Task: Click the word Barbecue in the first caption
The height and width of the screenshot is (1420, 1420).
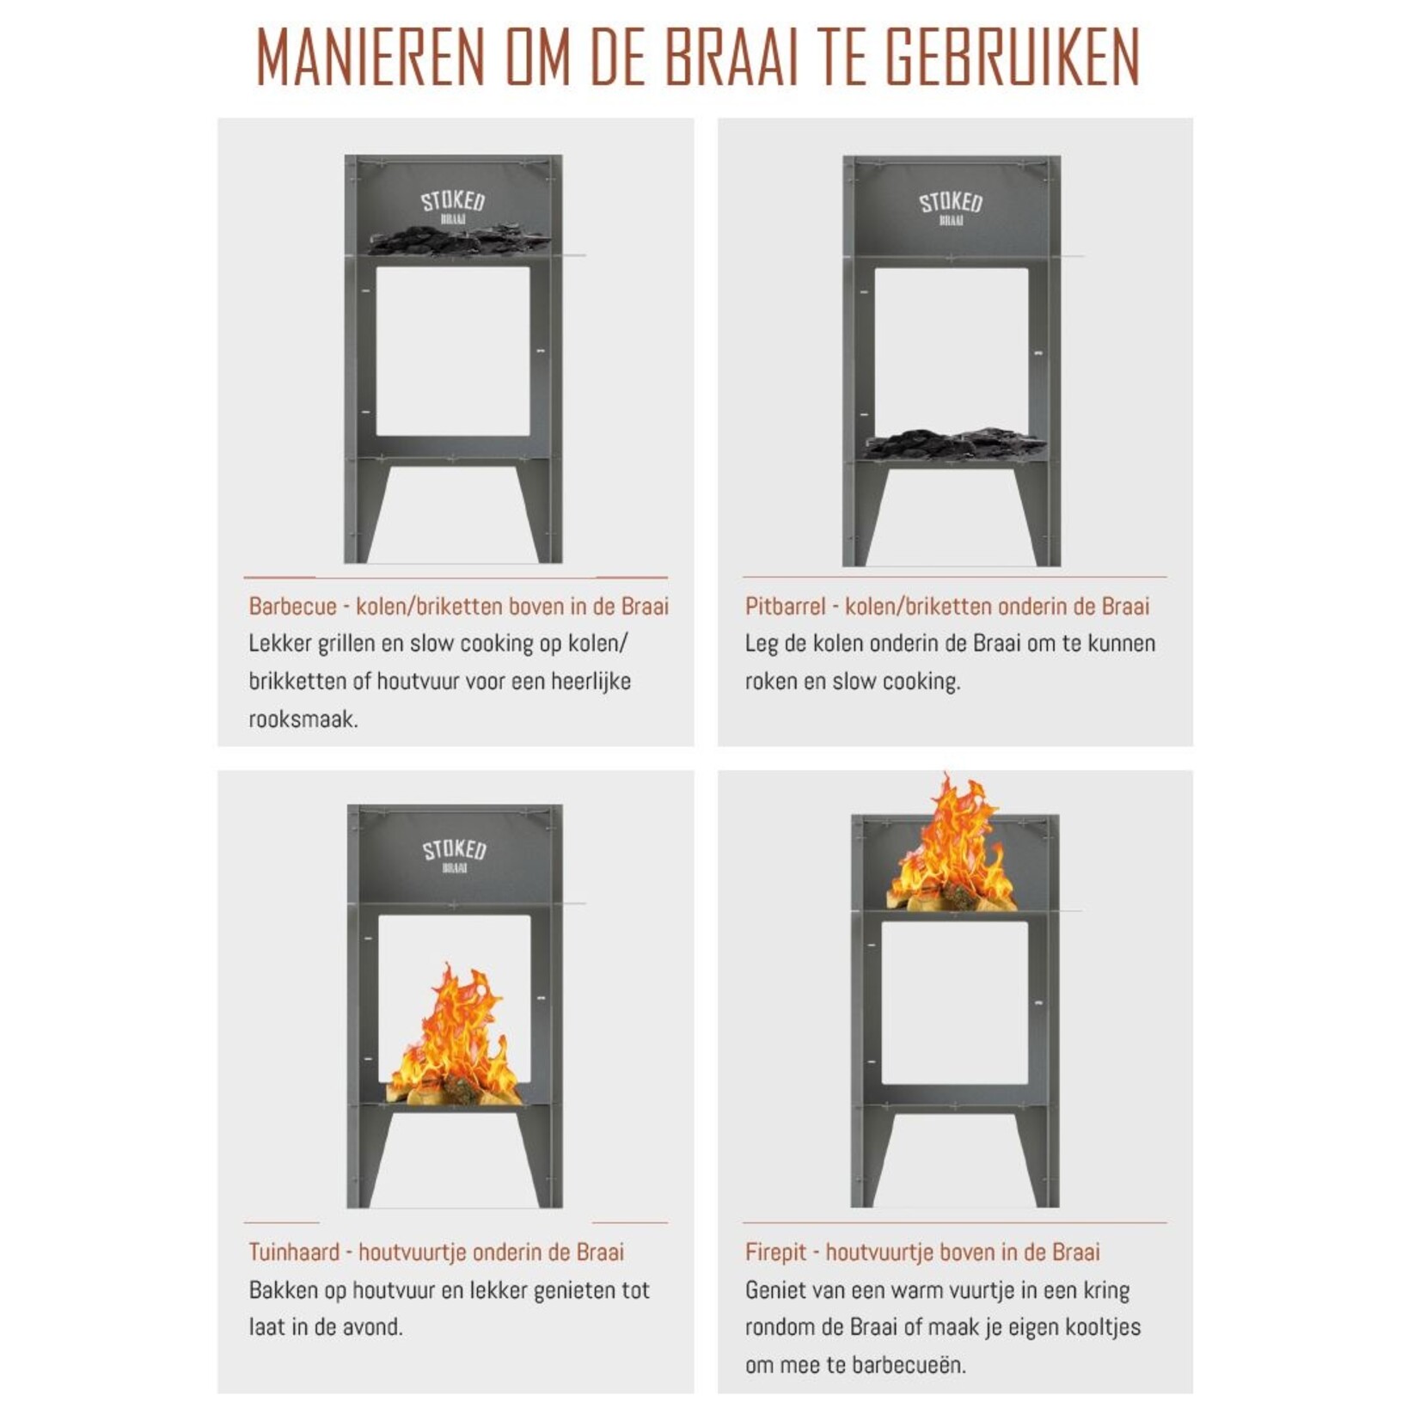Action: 292,606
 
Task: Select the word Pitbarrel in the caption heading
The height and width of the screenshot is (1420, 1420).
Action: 784,606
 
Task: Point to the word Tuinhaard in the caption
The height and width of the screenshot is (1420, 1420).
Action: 294,1252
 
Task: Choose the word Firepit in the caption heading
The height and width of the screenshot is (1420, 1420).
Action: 775,1252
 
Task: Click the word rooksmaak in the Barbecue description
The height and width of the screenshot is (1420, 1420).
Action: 302,719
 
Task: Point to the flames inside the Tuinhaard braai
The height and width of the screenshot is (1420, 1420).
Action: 454,1040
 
